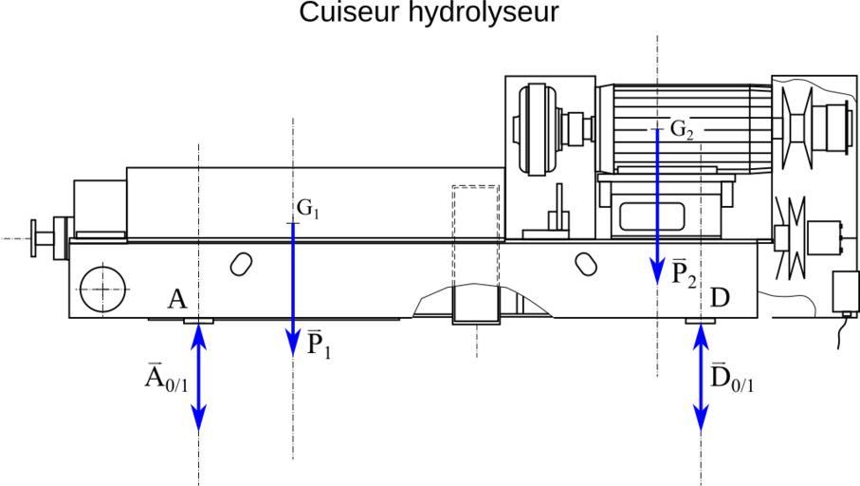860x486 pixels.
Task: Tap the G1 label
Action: [x=307, y=208]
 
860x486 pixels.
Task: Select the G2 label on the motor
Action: [x=682, y=129]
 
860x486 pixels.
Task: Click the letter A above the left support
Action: [x=176, y=300]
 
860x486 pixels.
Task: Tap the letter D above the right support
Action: [x=720, y=298]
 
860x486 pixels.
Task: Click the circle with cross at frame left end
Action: [x=102, y=288]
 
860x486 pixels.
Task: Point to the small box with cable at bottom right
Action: [x=842, y=291]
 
